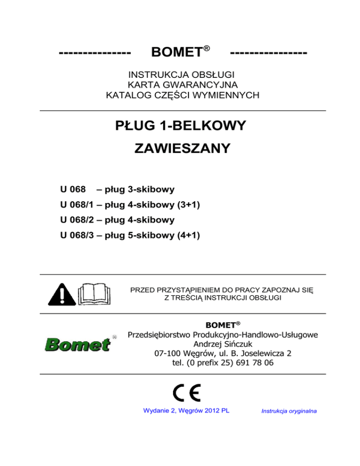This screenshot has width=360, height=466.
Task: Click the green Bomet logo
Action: (x=77, y=345)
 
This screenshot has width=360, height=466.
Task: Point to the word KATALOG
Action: (x=125, y=96)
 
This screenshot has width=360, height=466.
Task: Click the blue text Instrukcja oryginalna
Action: (x=288, y=411)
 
